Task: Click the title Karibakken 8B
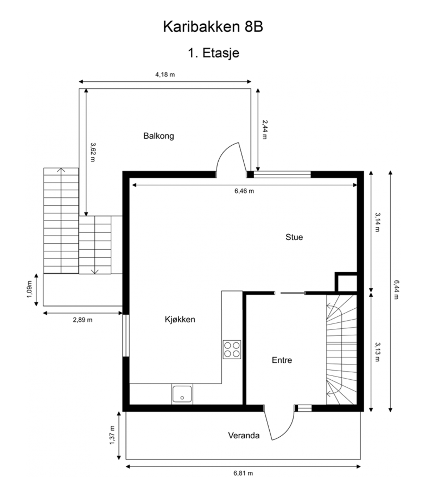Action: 213,27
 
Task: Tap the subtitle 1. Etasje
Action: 213,53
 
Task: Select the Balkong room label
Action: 159,136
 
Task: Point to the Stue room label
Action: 294,237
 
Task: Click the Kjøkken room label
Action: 180,319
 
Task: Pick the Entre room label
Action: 282,360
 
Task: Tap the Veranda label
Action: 244,435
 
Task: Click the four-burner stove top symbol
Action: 232,349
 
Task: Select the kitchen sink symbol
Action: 182,394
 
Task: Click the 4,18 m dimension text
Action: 165,74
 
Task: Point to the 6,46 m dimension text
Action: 244,191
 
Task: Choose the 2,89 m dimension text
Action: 83,320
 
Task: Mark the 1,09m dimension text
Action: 30,290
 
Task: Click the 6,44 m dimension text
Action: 396,290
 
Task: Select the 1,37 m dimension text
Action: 112,435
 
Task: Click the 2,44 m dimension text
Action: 264,130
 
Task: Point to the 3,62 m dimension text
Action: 93,152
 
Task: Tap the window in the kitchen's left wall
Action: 126,336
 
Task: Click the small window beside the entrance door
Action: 304,408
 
